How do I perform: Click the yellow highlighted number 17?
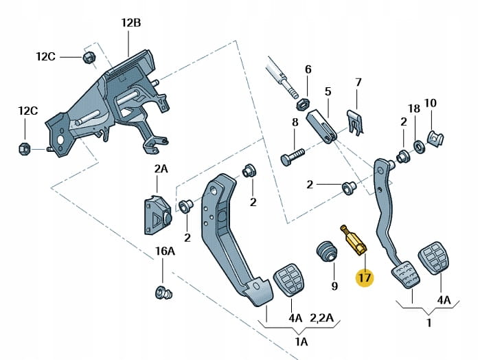click(x=363, y=279)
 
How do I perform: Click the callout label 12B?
click(x=130, y=23)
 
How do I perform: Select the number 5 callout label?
click(x=328, y=91)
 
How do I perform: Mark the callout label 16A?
click(x=165, y=251)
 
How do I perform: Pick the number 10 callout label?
click(x=430, y=103)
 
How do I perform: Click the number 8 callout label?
click(x=295, y=122)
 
